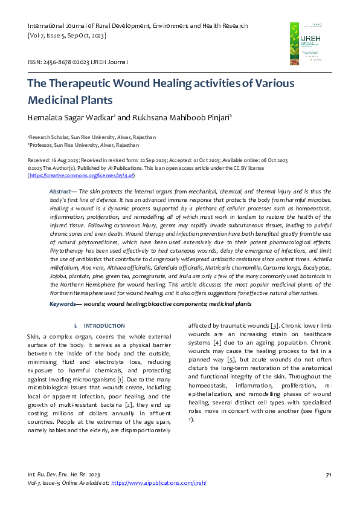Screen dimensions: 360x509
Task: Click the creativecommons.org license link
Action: click(81, 175)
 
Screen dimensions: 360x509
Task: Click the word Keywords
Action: click(62, 303)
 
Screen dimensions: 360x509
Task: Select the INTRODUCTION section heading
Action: click(104, 325)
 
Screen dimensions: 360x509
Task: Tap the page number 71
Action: click(328, 475)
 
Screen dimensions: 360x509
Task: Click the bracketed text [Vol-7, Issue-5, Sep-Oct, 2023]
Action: click(67, 36)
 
